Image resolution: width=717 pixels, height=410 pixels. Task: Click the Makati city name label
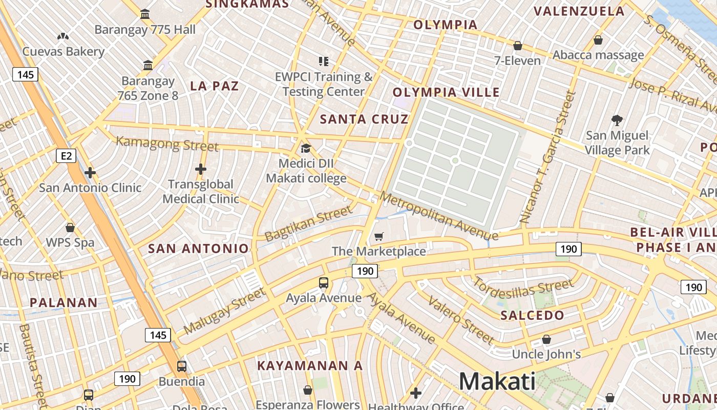(x=497, y=382)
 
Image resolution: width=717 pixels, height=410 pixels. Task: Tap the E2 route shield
(x=66, y=155)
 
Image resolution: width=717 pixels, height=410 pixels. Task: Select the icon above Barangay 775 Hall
(x=145, y=14)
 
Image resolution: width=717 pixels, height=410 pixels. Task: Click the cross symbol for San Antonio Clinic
(x=90, y=173)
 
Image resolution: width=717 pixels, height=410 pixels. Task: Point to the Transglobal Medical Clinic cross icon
(x=201, y=169)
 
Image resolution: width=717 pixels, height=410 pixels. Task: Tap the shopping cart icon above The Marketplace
(x=378, y=236)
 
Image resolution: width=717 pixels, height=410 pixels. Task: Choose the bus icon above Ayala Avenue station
(x=324, y=282)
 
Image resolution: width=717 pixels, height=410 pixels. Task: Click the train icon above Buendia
(x=182, y=366)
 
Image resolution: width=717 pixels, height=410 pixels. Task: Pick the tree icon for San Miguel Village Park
(x=617, y=120)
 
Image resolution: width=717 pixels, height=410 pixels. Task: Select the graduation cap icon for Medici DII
(x=306, y=149)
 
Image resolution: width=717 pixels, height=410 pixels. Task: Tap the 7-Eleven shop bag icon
(x=518, y=46)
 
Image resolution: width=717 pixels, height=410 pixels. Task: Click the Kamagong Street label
(x=167, y=143)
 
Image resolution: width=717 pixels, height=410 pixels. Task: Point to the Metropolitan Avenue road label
(x=438, y=216)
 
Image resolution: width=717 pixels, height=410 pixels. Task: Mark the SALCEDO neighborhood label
(x=532, y=315)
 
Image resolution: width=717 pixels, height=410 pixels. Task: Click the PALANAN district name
(x=64, y=302)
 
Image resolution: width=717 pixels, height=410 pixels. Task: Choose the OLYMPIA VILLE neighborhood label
(x=446, y=92)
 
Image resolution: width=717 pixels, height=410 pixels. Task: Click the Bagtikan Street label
(x=309, y=223)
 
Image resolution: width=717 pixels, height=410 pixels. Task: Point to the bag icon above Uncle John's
(x=546, y=339)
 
